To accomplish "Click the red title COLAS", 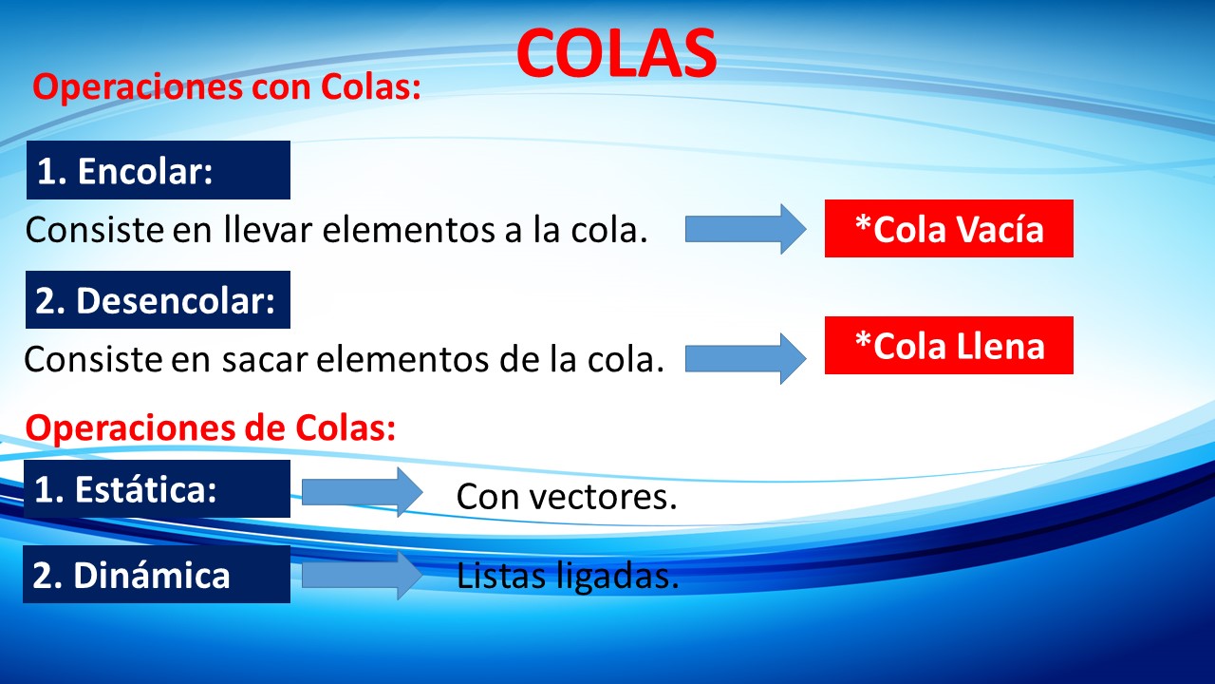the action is pos(616,53).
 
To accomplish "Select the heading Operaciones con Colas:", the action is pos(227,86).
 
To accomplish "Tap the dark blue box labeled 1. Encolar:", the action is pos(159,170).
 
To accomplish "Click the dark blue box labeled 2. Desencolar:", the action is pos(158,299).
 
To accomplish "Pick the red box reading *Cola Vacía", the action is pos(948,229).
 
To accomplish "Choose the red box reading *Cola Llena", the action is pos(948,345).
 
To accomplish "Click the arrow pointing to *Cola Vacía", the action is pos(745,229).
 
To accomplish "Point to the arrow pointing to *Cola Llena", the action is pos(745,359).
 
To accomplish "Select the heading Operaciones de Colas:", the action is pos(211,427).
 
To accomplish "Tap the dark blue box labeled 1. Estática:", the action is pos(157,488).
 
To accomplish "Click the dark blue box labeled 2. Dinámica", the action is pos(157,575).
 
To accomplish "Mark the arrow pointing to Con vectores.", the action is pos(362,492).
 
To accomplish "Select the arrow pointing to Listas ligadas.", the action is pos(362,575).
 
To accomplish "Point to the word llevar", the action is pos(268,229).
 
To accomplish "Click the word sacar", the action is pos(265,359).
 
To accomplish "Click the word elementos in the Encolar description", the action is pos(409,229).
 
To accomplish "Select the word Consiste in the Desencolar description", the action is pos(93,359).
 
